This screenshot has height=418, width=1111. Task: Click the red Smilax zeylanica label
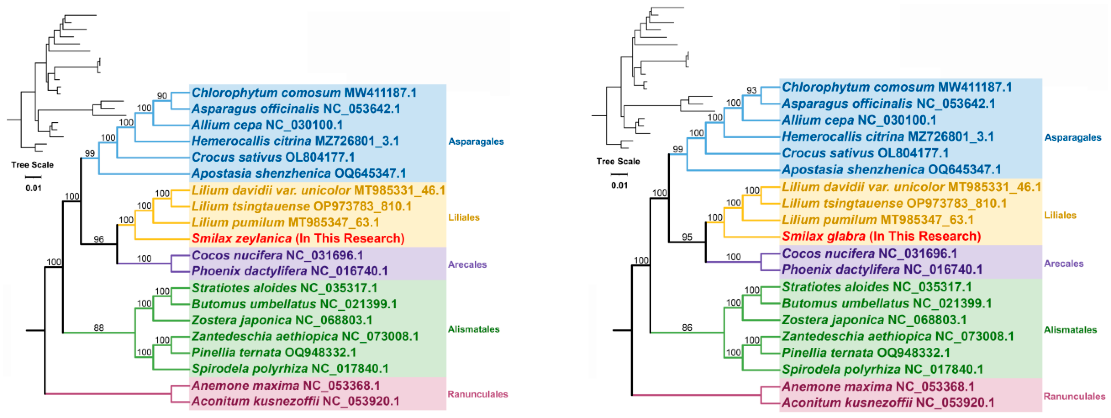click(298, 238)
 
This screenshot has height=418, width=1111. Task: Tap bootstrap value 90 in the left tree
click(162, 96)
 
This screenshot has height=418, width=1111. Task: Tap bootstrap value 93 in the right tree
click(752, 90)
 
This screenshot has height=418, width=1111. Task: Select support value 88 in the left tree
click(99, 328)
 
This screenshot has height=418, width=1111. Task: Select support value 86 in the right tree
click(687, 328)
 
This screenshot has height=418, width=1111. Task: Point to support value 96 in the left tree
click(99, 239)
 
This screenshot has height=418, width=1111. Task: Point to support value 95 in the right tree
click(687, 237)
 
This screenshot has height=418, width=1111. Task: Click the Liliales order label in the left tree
click(464, 217)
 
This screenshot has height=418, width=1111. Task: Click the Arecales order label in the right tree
click(1064, 263)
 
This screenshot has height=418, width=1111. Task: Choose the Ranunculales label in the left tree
click(478, 394)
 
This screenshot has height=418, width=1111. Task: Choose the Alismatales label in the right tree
click(1070, 330)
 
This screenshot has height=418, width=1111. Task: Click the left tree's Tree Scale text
click(32, 164)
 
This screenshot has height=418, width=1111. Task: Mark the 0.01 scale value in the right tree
click(619, 185)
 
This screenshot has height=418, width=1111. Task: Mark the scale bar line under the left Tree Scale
click(33, 177)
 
